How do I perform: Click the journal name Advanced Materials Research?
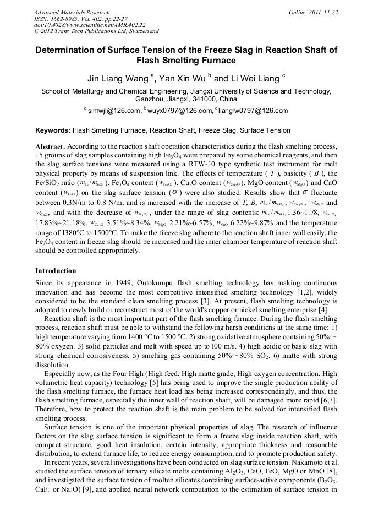pyautogui.click(x=72, y=12)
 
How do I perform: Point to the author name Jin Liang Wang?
pyautogui.click(x=115, y=78)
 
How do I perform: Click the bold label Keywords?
pyautogui.click(x=53, y=130)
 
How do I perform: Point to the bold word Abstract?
pyautogui.click(x=51, y=147)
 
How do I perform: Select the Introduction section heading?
pyautogui.click(x=56, y=271)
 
